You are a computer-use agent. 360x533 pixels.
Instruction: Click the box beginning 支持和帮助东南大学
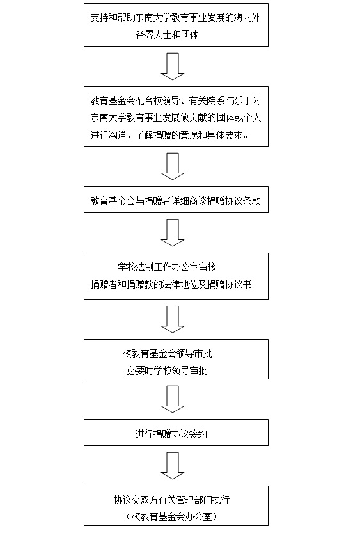[x=176, y=25]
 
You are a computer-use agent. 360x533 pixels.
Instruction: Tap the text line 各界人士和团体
[x=167, y=35]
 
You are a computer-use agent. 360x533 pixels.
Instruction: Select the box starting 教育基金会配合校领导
[x=176, y=116]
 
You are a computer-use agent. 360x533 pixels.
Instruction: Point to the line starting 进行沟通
[x=169, y=135]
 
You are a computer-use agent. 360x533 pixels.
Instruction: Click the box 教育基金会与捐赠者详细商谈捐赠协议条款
[x=176, y=200]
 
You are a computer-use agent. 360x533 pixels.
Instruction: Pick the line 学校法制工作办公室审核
[x=167, y=267]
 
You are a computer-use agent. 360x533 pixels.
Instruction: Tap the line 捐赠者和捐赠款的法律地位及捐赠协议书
[x=171, y=284]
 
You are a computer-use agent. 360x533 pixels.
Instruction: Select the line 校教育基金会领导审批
[x=167, y=353]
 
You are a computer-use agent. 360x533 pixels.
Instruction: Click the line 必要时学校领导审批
[x=167, y=370]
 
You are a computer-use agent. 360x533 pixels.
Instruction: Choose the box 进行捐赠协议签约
[x=176, y=433]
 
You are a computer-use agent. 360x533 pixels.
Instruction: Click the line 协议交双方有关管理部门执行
[x=171, y=500]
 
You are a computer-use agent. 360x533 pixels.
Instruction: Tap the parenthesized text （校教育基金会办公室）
[x=171, y=517]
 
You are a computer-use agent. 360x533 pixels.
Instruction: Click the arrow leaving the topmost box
[x=173, y=67]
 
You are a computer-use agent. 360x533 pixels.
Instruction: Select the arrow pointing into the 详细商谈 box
[x=173, y=166]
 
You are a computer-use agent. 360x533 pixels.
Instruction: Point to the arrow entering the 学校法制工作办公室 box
[x=173, y=233]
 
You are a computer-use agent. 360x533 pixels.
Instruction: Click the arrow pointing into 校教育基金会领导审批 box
[x=173, y=319]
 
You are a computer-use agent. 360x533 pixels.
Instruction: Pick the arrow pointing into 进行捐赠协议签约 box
[x=173, y=399]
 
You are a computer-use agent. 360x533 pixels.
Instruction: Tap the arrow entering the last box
[x=173, y=466]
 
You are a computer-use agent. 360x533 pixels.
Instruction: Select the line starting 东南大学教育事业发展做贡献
[x=176, y=118]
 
